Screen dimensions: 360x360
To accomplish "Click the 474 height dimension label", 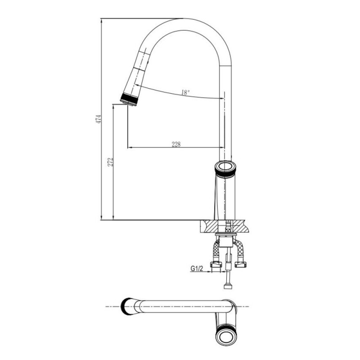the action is click(x=98, y=119).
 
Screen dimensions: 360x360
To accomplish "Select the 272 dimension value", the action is click(x=111, y=162).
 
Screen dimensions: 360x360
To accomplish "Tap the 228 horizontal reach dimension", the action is click(x=176, y=144).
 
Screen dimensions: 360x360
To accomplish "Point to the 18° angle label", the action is click(x=185, y=93).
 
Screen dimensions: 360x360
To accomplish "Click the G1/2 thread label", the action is click(x=197, y=268).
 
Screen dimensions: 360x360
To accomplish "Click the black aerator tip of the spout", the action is click(x=129, y=100).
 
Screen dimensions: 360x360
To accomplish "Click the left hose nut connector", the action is click(x=216, y=264).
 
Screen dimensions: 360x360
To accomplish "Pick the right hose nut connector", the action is click(x=240, y=264).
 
